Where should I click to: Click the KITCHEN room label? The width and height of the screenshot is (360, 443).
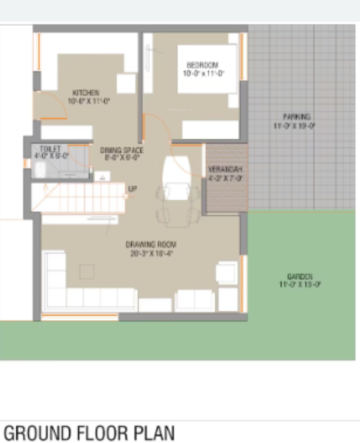click(85, 93)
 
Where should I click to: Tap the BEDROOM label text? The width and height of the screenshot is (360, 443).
click(203, 65)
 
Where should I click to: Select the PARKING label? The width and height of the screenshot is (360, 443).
click(296, 117)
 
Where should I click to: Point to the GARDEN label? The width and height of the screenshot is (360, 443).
click(300, 276)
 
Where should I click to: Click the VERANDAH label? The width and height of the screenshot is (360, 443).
click(225, 170)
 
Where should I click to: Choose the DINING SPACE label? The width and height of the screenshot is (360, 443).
click(122, 150)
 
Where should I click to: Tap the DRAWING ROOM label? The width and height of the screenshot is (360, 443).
click(151, 244)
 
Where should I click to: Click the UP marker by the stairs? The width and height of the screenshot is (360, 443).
click(132, 188)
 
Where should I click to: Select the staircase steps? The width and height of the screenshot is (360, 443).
click(82, 198)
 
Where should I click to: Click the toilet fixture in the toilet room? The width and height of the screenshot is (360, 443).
click(41, 169)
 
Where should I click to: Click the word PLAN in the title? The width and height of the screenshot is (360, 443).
click(153, 433)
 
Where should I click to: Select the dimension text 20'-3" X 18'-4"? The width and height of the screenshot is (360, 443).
click(151, 253)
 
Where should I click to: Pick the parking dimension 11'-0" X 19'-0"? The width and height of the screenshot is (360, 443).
click(295, 126)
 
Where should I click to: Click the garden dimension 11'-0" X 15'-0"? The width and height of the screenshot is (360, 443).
click(300, 284)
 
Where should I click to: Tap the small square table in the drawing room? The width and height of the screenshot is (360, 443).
click(87, 271)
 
